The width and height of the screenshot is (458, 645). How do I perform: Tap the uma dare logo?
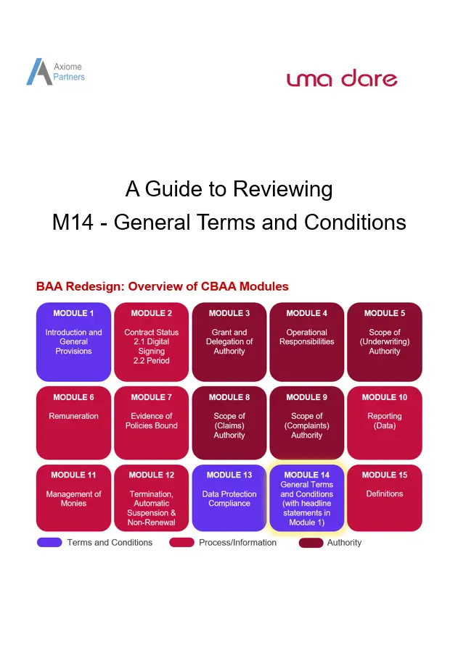pos(342,78)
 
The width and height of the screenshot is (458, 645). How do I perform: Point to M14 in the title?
pos(73,222)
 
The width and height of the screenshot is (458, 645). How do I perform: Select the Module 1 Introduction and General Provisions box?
pos(74,341)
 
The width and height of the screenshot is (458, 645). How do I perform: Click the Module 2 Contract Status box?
pos(151,341)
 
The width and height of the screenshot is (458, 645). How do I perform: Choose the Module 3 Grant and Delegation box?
pos(229,341)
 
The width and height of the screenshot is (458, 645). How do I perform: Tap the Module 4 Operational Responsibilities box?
pos(306,341)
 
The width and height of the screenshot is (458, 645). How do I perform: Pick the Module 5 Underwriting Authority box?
pos(384,341)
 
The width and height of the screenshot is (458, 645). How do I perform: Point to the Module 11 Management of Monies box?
pos(74,498)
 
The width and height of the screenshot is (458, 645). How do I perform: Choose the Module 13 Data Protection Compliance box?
pos(229,498)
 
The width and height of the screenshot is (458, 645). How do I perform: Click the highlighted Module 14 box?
pos(306,498)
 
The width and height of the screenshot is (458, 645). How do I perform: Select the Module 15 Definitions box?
pos(384,498)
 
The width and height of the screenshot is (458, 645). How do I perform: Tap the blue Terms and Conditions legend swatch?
pos(49,542)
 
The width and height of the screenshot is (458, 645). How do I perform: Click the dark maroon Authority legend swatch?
pos(311,542)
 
